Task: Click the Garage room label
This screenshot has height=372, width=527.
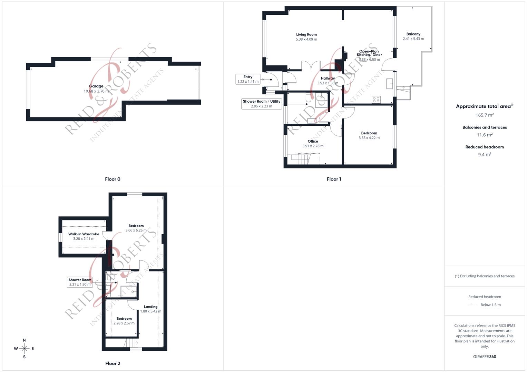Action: coord(96,86)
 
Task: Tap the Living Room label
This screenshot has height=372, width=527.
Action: coord(306,34)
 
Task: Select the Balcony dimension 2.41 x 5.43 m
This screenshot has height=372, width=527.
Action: coord(413,39)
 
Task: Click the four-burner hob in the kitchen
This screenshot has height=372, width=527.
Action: coord(376,100)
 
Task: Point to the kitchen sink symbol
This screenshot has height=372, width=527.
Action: coord(390,84)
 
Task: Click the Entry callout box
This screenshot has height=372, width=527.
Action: coord(248,79)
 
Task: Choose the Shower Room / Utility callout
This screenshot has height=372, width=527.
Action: coord(261,104)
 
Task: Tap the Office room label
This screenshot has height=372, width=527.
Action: coord(313,141)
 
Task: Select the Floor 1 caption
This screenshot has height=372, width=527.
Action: coord(334,179)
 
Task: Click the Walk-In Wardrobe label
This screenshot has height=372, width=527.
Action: coord(84,234)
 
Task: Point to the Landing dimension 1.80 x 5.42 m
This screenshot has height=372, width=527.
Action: coord(151,311)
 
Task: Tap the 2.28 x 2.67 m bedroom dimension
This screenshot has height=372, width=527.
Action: coord(124,323)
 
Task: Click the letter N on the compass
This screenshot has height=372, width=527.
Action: coord(24,340)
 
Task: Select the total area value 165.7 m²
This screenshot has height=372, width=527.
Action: coord(485,115)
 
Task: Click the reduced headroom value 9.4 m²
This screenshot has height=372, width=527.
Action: coord(485,155)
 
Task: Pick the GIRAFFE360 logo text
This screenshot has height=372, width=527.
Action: coord(485,357)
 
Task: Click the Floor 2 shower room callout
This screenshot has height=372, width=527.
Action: coord(80,282)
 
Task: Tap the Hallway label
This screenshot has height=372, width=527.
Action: coord(328,79)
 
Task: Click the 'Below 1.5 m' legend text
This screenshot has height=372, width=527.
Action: coord(490,305)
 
